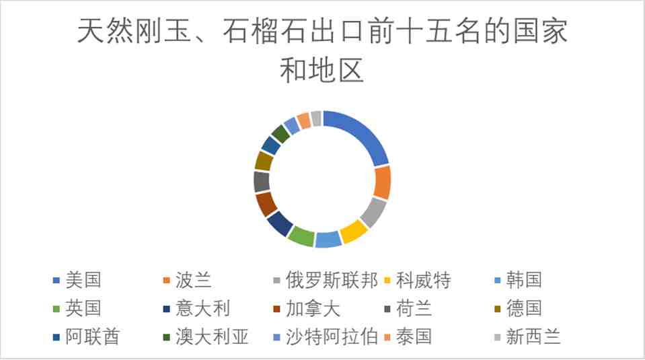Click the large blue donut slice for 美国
(364, 134)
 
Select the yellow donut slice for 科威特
(354, 231)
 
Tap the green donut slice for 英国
(301, 236)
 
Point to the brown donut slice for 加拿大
(266, 204)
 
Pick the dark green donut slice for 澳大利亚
(281, 134)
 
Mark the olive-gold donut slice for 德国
(263, 161)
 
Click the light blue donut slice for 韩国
(328, 240)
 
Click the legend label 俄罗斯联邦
(332, 280)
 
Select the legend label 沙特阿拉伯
(332, 336)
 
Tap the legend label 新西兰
(533, 336)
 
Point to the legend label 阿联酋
(93, 336)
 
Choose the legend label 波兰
(193, 280)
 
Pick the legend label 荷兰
(414, 308)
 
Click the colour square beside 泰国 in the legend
(387, 337)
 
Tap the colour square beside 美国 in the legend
(56, 281)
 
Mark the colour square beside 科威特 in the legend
(387, 281)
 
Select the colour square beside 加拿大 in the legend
(277, 309)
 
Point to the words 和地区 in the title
(322, 70)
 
